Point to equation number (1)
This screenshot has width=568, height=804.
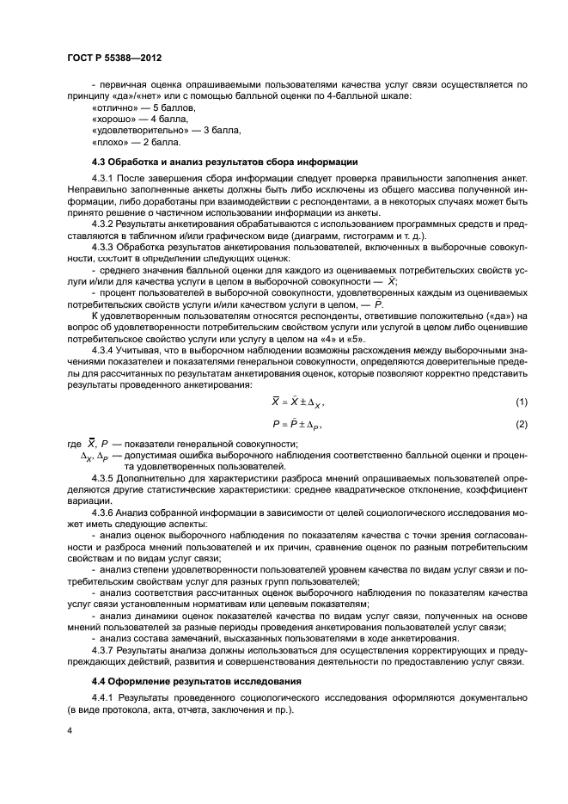[521, 403]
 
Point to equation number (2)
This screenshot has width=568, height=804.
[521, 424]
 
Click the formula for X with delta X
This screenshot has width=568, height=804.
[297, 403]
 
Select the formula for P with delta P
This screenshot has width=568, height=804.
[297, 424]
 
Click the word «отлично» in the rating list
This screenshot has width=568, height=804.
[113, 109]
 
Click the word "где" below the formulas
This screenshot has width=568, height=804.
[73, 444]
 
